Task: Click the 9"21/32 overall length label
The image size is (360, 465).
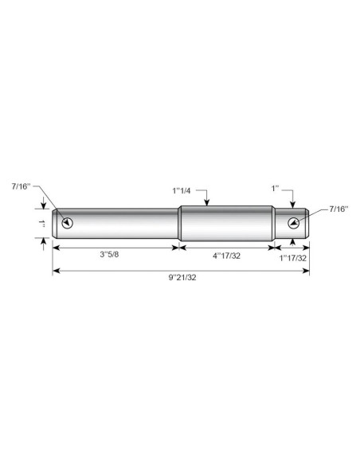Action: pos(182,278)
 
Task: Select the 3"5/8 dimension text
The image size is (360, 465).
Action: pos(109,255)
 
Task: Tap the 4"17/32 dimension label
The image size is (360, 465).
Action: pos(226,256)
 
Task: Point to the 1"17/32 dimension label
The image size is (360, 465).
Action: pos(292,258)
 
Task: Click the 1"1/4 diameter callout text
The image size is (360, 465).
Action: pos(182,190)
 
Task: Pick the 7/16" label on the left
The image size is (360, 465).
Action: pos(21,186)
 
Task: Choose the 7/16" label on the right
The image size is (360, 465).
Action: pos(338,209)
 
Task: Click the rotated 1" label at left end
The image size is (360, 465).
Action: pos(41,224)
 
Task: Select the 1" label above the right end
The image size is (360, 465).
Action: pos(276,189)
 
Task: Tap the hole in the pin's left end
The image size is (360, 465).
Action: pos(68,223)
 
